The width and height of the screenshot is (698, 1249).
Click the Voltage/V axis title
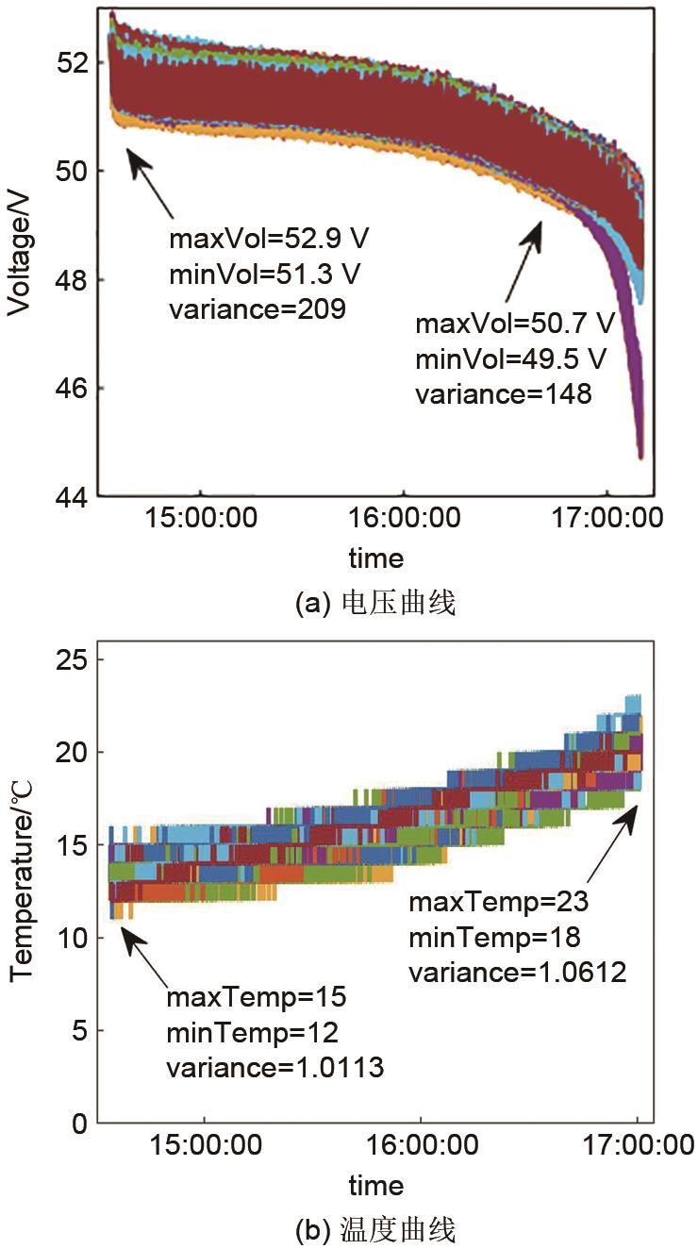click(21, 254)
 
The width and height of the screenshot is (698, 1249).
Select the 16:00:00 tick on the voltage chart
click(404, 519)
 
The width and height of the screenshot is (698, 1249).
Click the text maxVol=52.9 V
click(270, 238)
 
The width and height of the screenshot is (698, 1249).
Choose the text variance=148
click(504, 394)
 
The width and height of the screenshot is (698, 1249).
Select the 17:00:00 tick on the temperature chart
click(638, 1146)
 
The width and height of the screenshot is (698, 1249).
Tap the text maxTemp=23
click(498, 903)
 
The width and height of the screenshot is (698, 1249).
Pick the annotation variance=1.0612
click(517, 973)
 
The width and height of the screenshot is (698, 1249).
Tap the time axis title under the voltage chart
click(375, 558)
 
